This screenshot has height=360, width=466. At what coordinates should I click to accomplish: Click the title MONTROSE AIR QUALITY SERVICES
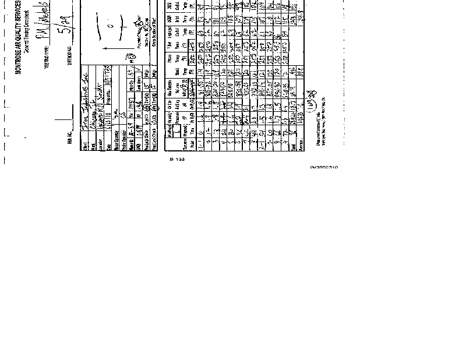point(19,38)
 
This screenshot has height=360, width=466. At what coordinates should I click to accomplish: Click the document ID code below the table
point(324,167)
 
